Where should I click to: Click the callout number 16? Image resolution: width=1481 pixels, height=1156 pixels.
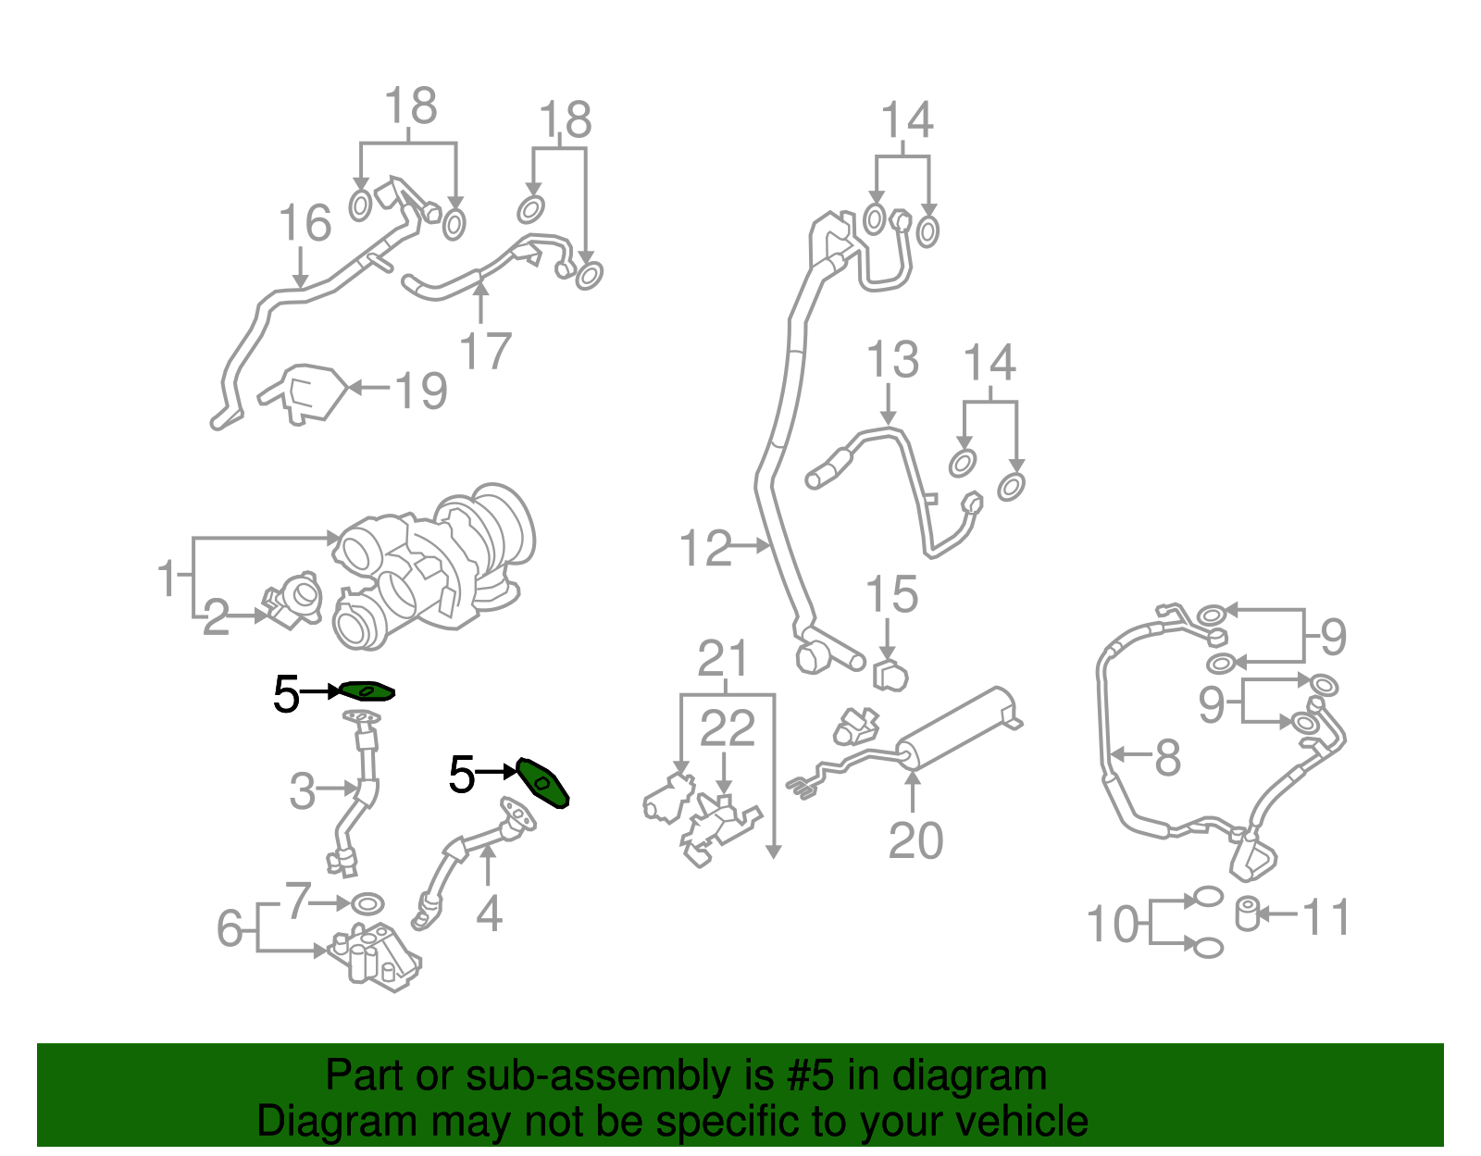point(305,224)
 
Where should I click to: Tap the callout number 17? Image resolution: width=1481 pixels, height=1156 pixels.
point(485,351)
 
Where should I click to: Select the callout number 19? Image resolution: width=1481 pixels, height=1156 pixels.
point(421,390)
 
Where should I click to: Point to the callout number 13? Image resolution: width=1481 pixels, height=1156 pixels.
point(892,359)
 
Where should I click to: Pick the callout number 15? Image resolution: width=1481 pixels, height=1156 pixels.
point(891,595)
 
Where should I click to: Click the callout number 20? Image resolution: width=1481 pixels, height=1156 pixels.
point(915,840)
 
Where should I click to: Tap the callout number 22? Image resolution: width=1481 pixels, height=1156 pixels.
point(727,728)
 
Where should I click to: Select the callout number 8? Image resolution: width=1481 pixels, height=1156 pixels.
point(1167,757)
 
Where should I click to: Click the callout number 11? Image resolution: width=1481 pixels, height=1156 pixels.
point(1325,917)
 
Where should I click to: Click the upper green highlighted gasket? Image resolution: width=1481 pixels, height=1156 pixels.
point(367,690)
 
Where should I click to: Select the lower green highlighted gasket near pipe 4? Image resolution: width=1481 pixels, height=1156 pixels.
point(542,782)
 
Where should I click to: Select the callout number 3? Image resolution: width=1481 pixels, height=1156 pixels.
point(303,791)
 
